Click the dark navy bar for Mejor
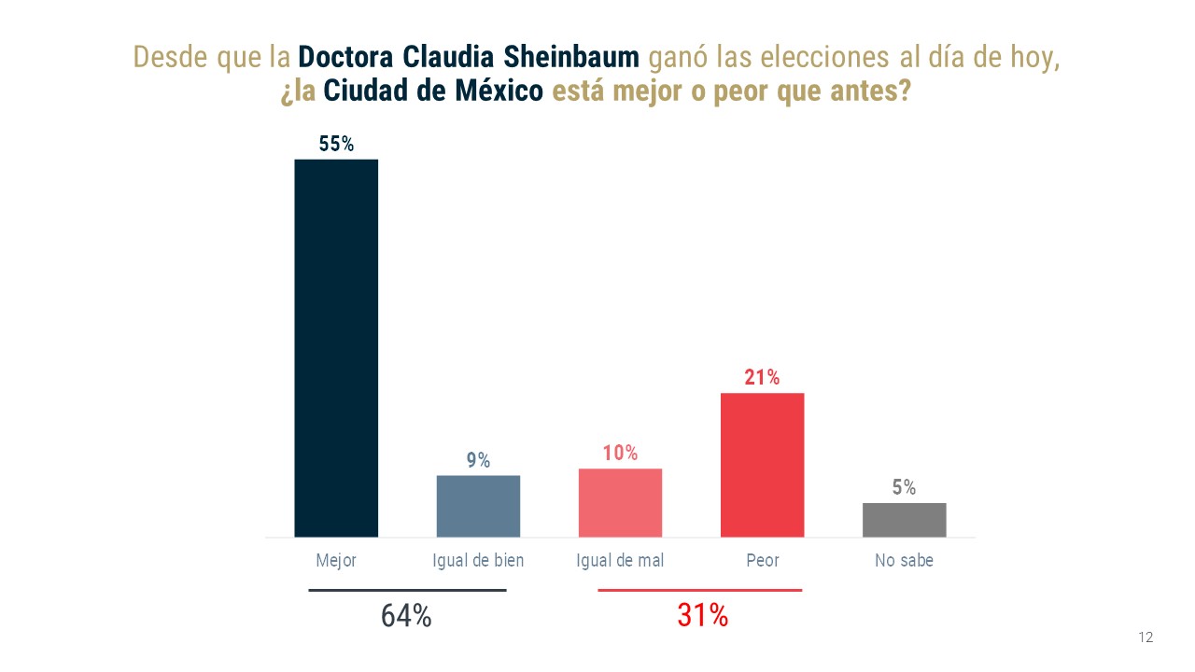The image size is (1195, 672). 336,348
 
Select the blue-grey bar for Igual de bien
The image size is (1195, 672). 478,506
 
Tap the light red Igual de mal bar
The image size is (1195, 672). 620,502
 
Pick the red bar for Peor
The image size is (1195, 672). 762,465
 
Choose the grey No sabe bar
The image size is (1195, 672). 904,520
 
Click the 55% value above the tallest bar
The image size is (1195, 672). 336,145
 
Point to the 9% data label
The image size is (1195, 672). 478,460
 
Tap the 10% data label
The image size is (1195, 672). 620,454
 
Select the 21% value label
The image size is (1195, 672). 762,378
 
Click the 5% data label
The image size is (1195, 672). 904,487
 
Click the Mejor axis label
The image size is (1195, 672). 336,561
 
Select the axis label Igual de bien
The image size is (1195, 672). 478,561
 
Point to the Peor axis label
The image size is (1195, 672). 762,561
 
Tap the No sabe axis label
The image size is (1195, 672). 904,561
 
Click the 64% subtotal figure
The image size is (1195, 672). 406,616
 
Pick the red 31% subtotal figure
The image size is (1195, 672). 702,616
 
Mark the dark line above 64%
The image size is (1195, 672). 407,590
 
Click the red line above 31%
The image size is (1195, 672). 699,590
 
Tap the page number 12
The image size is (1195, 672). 1146,637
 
